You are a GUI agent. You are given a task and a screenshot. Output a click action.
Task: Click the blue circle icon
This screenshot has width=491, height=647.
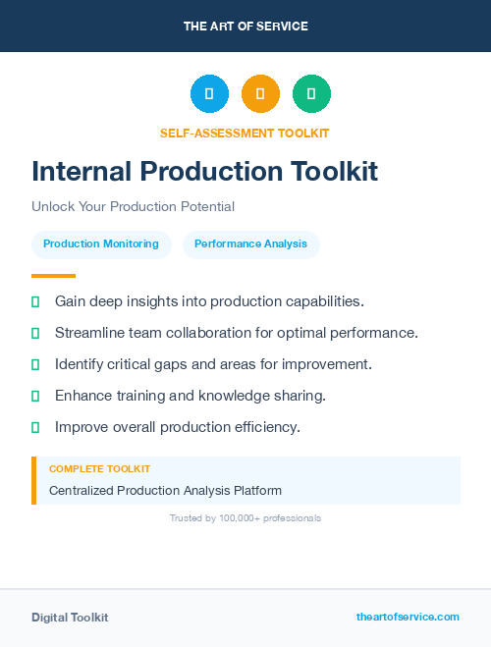(x=209, y=93)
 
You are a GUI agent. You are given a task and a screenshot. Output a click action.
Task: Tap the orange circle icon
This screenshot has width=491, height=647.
(x=260, y=93)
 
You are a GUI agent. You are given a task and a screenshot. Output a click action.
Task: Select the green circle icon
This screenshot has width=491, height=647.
(x=311, y=93)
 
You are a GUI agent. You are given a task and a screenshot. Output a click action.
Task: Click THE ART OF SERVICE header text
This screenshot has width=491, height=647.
(x=245, y=27)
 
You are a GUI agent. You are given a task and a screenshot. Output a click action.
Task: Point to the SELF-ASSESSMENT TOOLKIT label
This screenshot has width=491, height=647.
(x=245, y=133)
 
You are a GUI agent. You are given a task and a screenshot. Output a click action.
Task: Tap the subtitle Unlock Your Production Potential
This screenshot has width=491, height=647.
(x=133, y=206)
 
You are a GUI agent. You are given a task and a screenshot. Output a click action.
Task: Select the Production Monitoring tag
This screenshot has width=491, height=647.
(x=101, y=243)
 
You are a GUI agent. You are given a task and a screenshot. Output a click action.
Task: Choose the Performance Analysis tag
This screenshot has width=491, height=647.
(x=250, y=243)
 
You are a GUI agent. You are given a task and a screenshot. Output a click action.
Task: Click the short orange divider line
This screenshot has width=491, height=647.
(x=53, y=276)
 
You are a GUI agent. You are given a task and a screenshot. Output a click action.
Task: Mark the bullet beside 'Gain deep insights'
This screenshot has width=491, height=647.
(x=35, y=301)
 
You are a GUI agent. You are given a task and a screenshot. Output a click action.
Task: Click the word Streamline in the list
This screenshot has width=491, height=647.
(x=89, y=333)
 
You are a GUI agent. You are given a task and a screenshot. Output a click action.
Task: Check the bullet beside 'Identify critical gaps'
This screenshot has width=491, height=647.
(x=35, y=364)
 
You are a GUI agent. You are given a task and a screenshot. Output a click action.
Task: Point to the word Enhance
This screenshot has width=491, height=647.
(x=83, y=396)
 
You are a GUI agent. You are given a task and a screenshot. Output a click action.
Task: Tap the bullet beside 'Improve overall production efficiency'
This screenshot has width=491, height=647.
(x=35, y=427)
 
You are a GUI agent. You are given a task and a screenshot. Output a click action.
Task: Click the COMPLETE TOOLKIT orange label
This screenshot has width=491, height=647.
(x=99, y=469)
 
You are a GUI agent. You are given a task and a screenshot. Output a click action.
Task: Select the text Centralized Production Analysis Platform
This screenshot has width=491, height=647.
(x=165, y=490)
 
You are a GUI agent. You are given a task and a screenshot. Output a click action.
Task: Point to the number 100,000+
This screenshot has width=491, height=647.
(x=245, y=517)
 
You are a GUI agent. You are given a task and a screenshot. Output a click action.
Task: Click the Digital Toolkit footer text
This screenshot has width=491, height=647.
(x=70, y=617)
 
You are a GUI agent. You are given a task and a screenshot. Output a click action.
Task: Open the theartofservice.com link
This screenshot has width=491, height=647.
(x=408, y=617)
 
